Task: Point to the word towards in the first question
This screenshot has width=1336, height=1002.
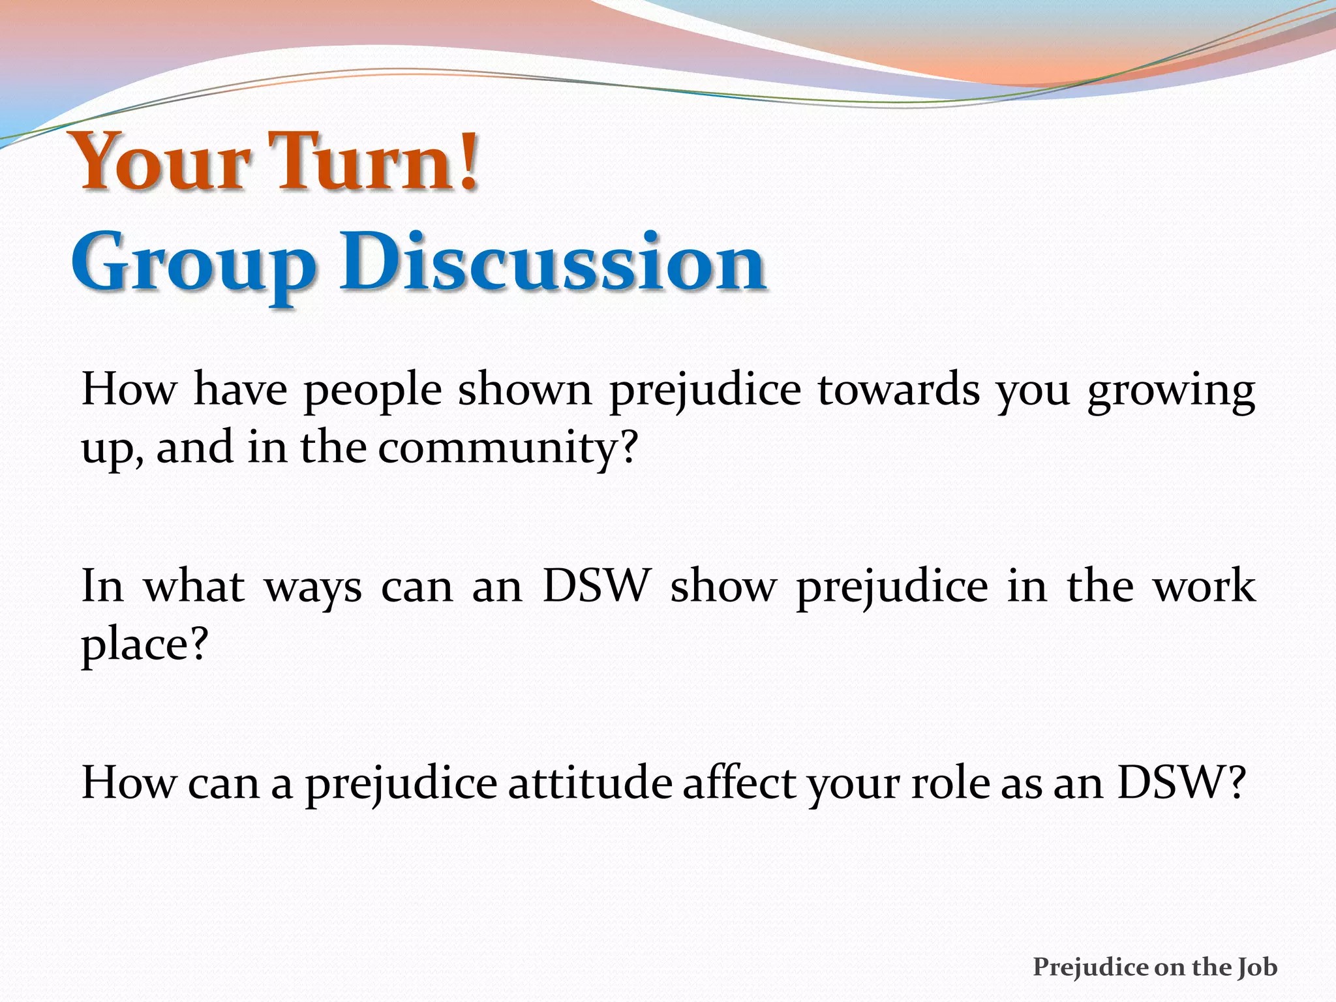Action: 899,390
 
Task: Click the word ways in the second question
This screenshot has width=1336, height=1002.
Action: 312,588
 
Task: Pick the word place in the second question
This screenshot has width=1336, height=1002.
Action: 134,646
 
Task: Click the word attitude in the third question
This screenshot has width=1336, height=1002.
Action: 590,782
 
